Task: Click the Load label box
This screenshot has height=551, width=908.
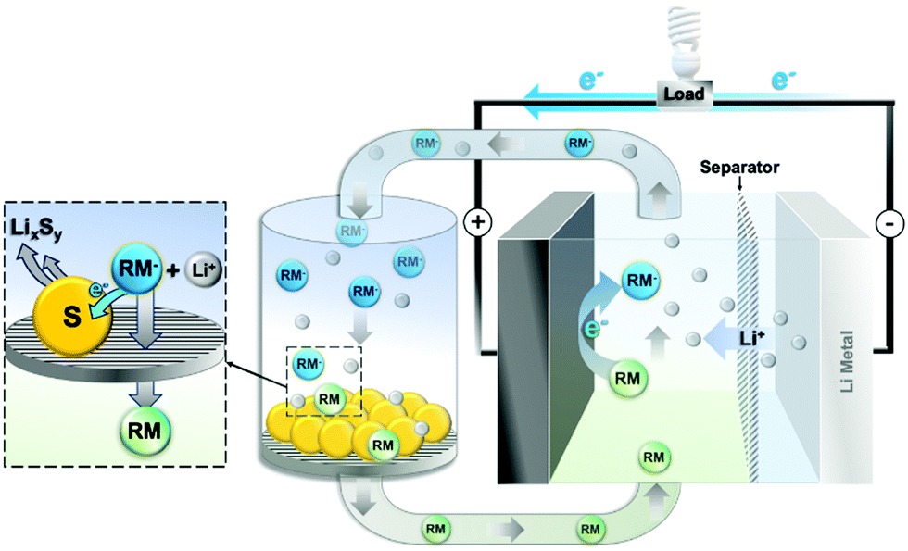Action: (683, 93)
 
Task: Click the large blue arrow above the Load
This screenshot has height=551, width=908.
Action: (593, 93)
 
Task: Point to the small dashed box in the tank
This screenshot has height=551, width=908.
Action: (321, 381)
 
